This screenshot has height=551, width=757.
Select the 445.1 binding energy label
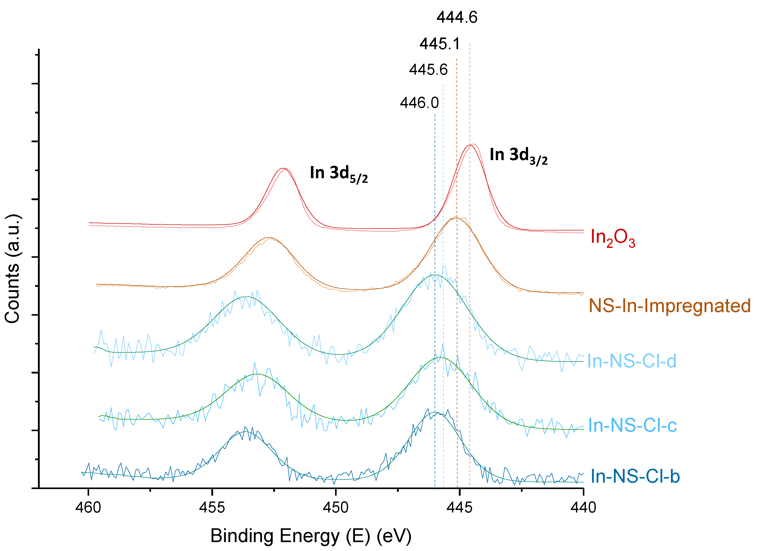(439, 44)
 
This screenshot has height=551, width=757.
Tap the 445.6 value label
(428, 70)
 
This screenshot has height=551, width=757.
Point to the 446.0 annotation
(419, 103)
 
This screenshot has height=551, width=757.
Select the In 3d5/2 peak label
(338, 174)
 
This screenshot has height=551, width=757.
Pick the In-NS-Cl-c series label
(632, 425)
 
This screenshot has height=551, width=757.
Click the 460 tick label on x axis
(88, 508)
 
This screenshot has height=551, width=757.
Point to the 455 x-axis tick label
(212, 508)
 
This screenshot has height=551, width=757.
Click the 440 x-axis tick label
(583, 508)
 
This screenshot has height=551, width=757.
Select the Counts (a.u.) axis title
(12, 269)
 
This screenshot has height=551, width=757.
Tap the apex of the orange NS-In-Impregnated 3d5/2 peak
(269, 238)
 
